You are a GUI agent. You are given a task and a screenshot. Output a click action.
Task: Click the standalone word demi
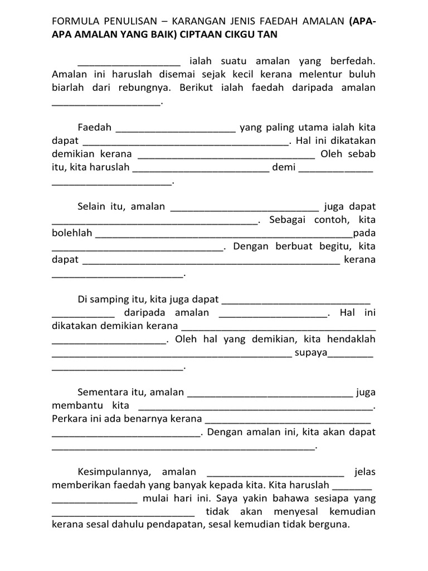click(284, 167)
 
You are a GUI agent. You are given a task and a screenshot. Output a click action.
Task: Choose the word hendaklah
click(353, 339)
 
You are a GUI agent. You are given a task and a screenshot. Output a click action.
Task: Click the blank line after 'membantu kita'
click(254, 407)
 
